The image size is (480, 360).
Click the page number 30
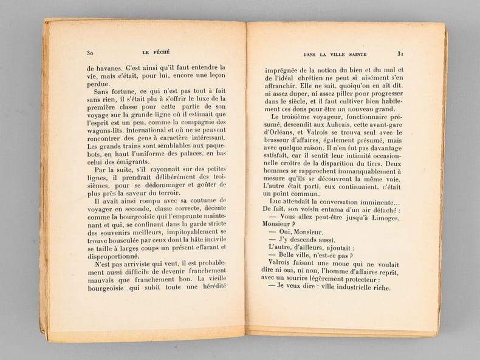coord(91,53)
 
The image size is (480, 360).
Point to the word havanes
coord(109,67)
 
